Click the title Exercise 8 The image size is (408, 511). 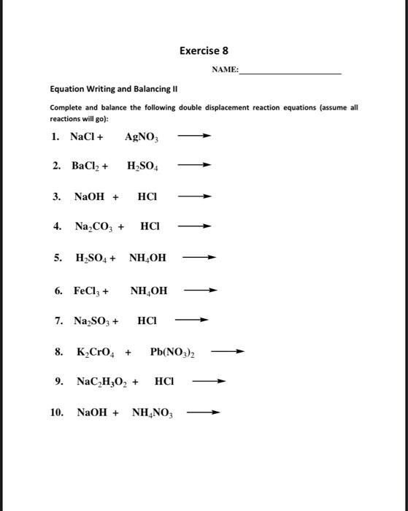click(x=204, y=50)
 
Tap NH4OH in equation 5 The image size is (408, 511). click(x=148, y=258)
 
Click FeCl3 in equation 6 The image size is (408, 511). click(x=88, y=291)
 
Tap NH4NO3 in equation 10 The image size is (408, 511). click(x=152, y=412)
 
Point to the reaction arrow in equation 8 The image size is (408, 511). click(x=227, y=352)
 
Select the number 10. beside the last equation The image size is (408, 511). click(x=58, y=412)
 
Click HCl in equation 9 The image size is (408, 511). click(x=164, y=382)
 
